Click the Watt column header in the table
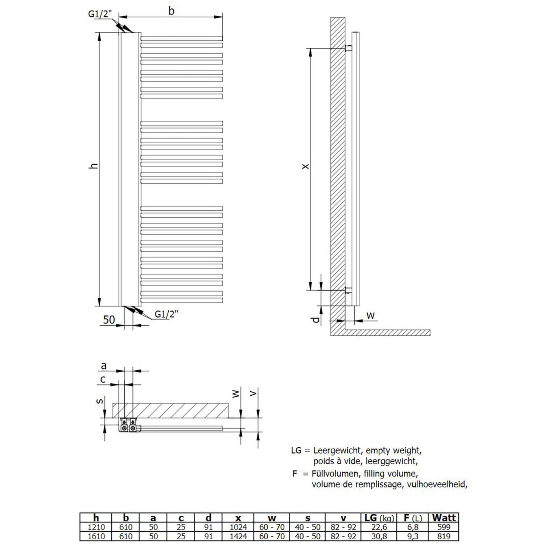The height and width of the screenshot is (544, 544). click(444, 518)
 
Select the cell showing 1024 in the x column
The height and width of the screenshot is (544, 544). click(238, 527)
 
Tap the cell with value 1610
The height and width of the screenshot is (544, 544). click(96, 536)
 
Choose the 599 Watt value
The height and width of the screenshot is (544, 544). click(444, 527)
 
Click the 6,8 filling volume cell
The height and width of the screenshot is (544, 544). click(412, 527)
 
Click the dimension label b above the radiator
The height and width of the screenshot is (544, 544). click(171, 11)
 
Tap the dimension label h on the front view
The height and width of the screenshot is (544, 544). click(94, 166)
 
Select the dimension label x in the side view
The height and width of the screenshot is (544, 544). click(305, 166)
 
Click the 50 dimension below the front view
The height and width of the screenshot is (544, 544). click(109, 320)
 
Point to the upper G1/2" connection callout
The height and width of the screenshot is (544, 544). click(100, 14)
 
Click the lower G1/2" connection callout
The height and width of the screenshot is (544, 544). click(166, 314)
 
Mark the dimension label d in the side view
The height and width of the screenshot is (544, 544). click(316, 320)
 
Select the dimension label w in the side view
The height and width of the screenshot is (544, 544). click(370, 316)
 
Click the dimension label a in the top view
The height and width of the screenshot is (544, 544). click(104, 366)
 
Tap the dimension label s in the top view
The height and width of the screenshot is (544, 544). click(101, 401)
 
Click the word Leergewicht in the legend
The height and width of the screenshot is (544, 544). click(337, 451)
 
